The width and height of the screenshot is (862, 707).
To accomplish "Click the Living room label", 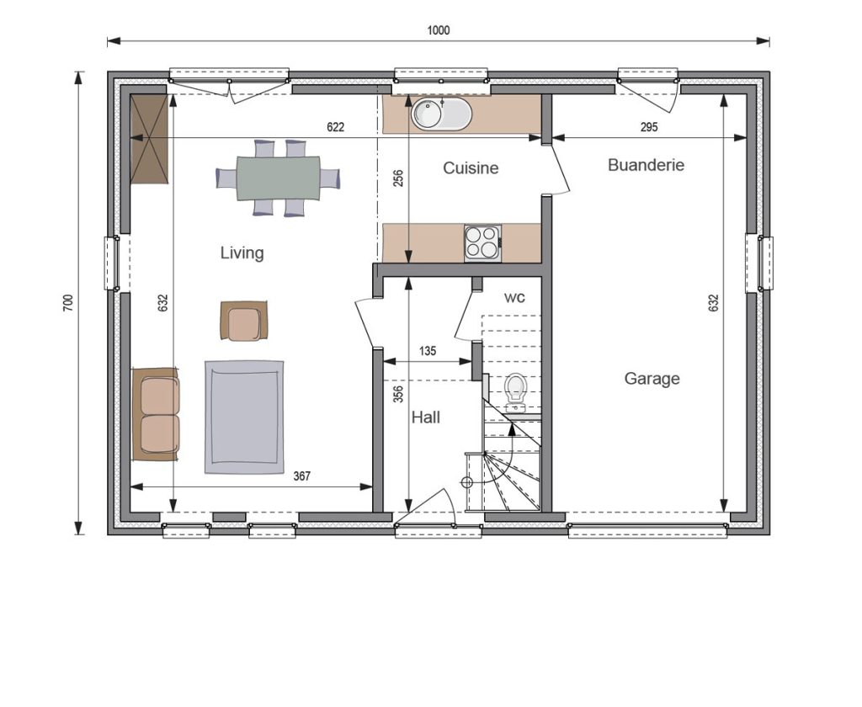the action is [242, 252].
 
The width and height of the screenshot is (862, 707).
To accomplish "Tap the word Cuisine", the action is [471, 167].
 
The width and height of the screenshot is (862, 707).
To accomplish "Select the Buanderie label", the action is [646, 165].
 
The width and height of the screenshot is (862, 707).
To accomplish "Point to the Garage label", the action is [652, 379].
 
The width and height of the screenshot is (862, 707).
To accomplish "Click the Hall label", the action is [426, 417].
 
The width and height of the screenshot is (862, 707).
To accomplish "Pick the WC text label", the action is [514, 297].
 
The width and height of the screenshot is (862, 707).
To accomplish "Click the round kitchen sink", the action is [441, 114].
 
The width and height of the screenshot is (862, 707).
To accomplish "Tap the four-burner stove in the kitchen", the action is [482, 243].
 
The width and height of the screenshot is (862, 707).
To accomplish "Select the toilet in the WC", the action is [515, 392].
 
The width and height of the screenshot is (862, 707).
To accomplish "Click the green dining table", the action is [278, 178].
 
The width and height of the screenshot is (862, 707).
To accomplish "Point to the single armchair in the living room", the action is [243, 321].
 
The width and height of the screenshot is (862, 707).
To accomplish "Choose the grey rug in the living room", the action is [244, 417].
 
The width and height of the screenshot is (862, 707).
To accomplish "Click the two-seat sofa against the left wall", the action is [156, 415].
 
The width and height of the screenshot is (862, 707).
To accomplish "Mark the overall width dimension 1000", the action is [438, 30].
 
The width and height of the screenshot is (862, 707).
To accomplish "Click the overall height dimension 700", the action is [67, 303].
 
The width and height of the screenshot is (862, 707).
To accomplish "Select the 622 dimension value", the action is [335, 127].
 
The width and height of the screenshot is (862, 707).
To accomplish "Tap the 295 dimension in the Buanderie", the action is [649, 127].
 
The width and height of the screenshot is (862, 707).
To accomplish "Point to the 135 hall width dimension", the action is [427, 351].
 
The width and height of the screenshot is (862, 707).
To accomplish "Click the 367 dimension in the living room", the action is [302, 476].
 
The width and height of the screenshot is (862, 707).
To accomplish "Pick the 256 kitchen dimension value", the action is [398, 178].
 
